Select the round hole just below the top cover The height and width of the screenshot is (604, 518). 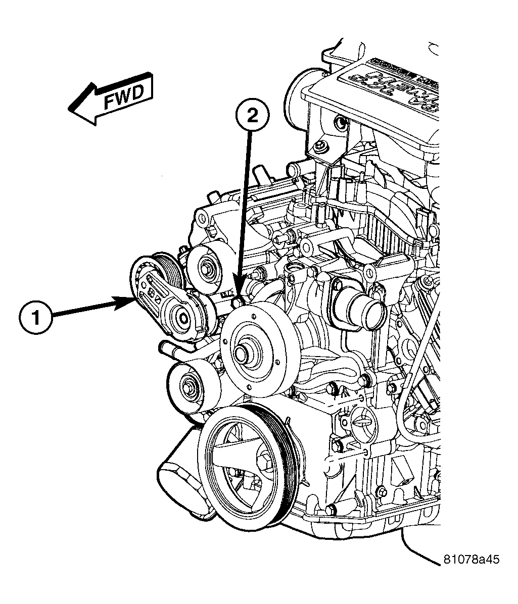click(x=341, y=123)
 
